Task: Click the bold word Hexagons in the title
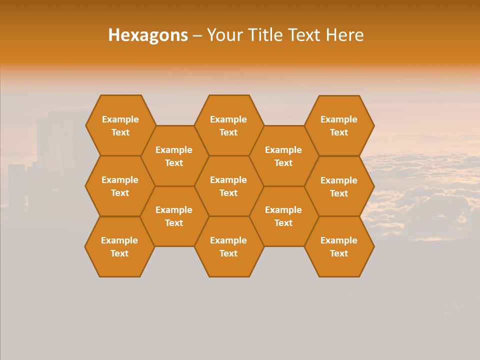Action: point(148,35)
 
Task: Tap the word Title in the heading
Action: point(264,35)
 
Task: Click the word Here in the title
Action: point(345,35)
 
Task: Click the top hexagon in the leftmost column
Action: point(120,125)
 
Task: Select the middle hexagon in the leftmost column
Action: point(120,186)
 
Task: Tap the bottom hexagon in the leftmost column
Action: point(119,246)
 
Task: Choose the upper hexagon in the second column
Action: point(174,156)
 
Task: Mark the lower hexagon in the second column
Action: point(174,216)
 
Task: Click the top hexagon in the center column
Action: point(228,125)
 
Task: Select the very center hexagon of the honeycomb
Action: point(228,186)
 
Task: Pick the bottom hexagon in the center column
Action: point(228,246)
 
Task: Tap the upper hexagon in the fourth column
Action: point(283,156)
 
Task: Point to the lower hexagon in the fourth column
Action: point(283,216)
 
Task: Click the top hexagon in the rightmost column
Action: point(339,125)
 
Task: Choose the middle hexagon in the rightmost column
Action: point(339,186)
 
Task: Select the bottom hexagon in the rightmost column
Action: point(339,246)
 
